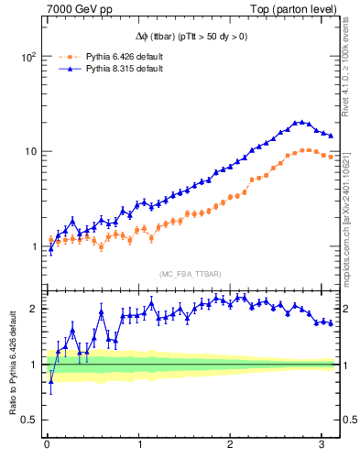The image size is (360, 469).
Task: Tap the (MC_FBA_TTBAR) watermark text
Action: (x=190, y=274)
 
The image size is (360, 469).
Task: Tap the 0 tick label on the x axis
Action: (x=47, y=446)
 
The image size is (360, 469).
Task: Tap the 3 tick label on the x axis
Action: (x=322, y=446)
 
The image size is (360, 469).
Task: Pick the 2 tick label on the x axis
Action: (x=231, y=446)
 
